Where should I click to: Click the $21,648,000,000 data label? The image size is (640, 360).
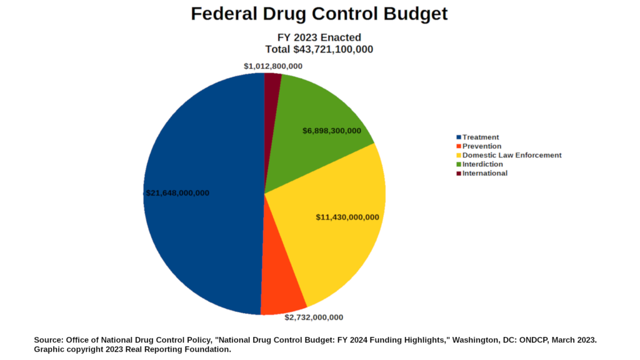[x=177, y=193]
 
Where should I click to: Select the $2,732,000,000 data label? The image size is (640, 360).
[x=314, y=317]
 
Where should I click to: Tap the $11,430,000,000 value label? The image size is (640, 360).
[x=347, y=217]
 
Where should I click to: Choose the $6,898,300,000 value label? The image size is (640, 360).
[x=332, y=131]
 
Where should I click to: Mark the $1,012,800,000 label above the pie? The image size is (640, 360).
[x=273, y=66]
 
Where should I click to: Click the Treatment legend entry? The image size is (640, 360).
[x=481, y=137]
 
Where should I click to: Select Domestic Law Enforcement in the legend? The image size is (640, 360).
[x=511, y=155]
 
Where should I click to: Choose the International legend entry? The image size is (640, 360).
[x=484, y=173]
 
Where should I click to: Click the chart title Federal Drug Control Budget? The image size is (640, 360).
[x=319, y=14]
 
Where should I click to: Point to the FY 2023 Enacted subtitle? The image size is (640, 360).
[x=319, y=37]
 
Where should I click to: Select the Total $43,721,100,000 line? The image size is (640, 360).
[x=319, y=49]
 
